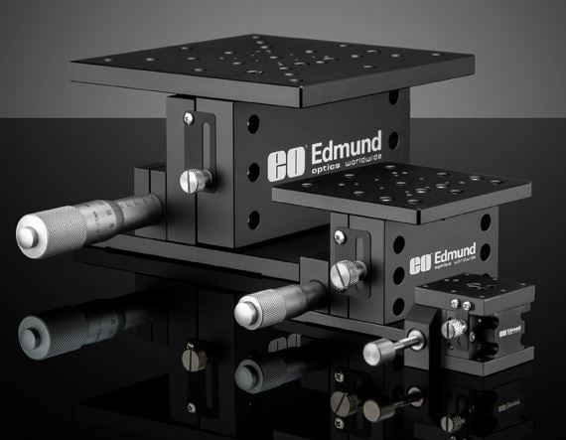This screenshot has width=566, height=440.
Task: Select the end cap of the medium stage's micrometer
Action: [x=247, y=313]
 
